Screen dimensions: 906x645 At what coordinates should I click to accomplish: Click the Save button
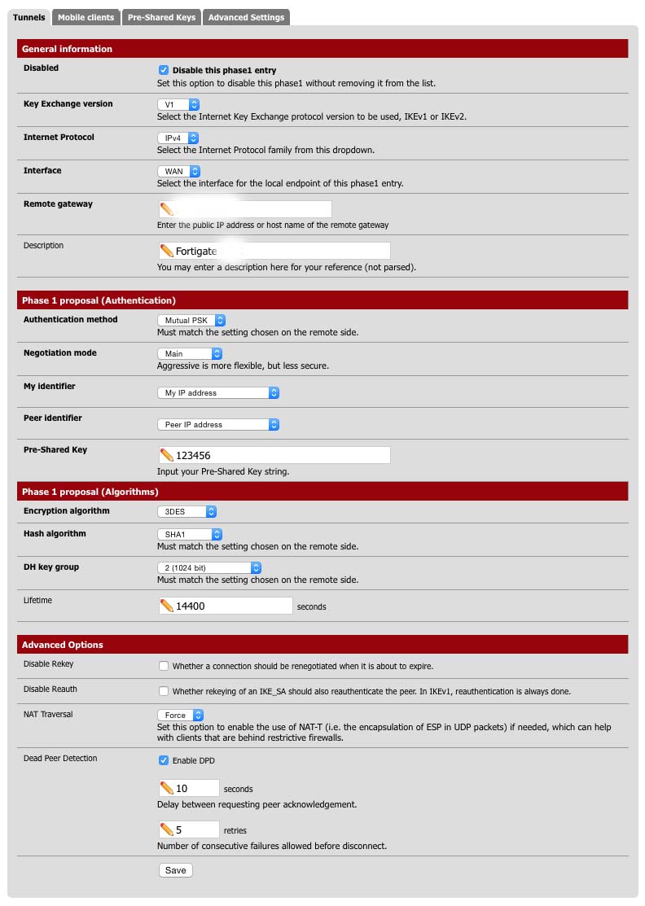tap(175, 870)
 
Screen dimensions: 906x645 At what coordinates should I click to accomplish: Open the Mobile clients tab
tap(86, 17)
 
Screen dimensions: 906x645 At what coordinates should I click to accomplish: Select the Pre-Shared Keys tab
tap(161, 17)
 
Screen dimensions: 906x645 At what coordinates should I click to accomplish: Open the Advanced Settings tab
tap(246, 17)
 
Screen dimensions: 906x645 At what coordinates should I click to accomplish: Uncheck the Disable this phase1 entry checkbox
tap(164, 71)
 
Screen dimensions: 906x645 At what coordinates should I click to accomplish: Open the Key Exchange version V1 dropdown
tap(178, 105)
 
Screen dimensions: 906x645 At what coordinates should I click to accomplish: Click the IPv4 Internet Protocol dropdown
tap(178, 138)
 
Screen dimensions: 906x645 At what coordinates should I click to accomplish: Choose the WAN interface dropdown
tap(178, 172)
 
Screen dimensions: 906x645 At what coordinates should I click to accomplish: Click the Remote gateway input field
tap(244, 209)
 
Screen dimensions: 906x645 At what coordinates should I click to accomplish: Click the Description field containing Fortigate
tap(274, 251)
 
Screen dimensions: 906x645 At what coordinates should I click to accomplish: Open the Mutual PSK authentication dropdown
tap(191, 321)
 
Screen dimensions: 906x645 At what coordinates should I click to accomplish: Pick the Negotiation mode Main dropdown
tap(189, 354)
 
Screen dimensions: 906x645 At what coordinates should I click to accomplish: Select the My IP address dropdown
tap(217, 393)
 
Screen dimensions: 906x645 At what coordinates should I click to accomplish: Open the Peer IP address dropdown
tap(217, 425)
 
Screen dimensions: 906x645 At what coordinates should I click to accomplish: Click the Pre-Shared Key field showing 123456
tap(274, 455)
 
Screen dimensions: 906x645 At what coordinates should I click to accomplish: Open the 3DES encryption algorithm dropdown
tap(186, 512)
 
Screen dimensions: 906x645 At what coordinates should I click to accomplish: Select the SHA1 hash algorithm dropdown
tap(189, 535)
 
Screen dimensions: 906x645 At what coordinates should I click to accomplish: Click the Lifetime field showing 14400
tap(226, 606)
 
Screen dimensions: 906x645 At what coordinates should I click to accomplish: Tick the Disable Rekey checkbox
tap(164, 666)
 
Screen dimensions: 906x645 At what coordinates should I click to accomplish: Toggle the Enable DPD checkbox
tap(164, 761)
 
